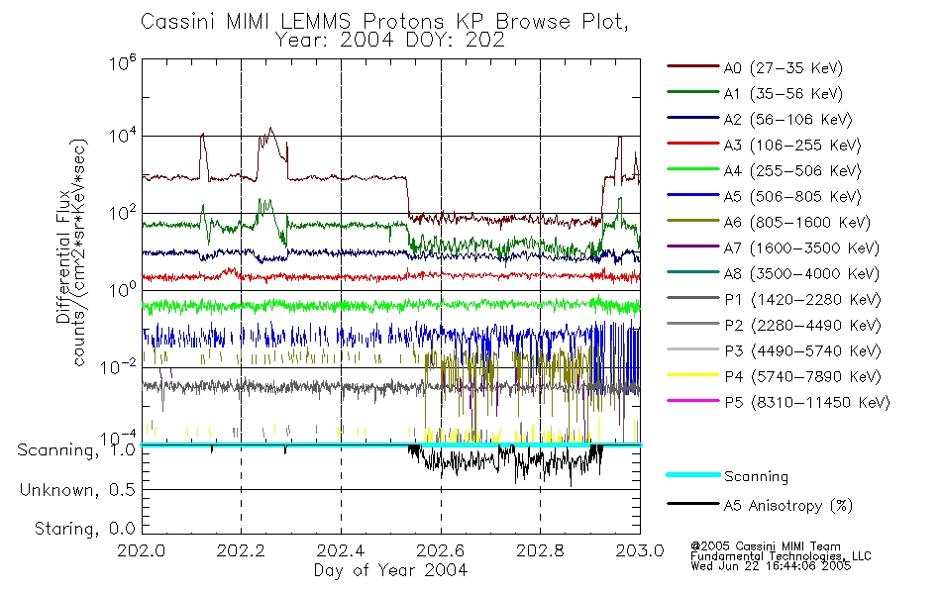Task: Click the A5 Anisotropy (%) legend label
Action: pos(787,506)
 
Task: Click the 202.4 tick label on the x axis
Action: pos(341,550)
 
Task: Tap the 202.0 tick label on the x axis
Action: pos(142,550)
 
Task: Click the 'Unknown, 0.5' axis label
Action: pos(78,490)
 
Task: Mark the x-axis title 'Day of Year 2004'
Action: pos(390,570)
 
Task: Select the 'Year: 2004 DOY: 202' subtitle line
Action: pos(390,41)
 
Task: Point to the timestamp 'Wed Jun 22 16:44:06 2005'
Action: pos(770,567)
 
